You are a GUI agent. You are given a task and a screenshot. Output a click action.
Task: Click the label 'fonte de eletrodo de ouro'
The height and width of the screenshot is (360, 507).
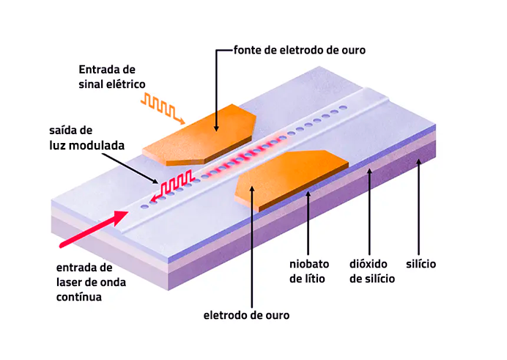click(299, 50)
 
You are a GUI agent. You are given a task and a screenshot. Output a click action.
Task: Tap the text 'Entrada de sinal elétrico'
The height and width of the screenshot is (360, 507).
click(107, 76)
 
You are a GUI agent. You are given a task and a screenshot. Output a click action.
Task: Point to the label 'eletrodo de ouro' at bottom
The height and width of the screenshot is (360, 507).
click(246, 315)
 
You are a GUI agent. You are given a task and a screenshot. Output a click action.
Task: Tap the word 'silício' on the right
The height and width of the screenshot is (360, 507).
click(421, 263)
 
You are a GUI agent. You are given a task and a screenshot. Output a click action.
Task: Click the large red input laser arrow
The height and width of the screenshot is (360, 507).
click(85, 228)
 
